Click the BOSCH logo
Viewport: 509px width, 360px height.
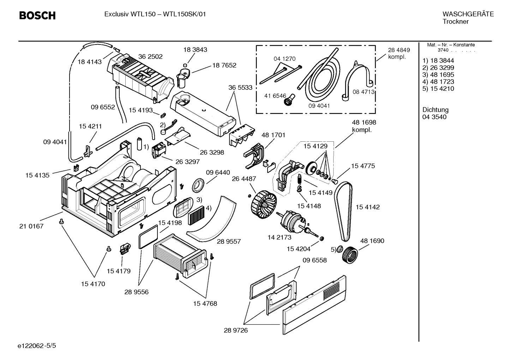(37, 16)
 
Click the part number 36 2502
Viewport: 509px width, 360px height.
(150, 57)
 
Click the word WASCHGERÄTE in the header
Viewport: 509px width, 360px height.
(468, 14)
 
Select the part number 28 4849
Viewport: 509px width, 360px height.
(399, 50)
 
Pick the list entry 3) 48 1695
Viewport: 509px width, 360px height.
(438, 75)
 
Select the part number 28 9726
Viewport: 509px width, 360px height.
(236, 330)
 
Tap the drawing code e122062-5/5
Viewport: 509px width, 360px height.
(37, 346)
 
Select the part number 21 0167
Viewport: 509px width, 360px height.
(31, 226)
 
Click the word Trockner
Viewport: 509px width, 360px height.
(455, 22)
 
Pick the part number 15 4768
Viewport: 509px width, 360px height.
(205, 303)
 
